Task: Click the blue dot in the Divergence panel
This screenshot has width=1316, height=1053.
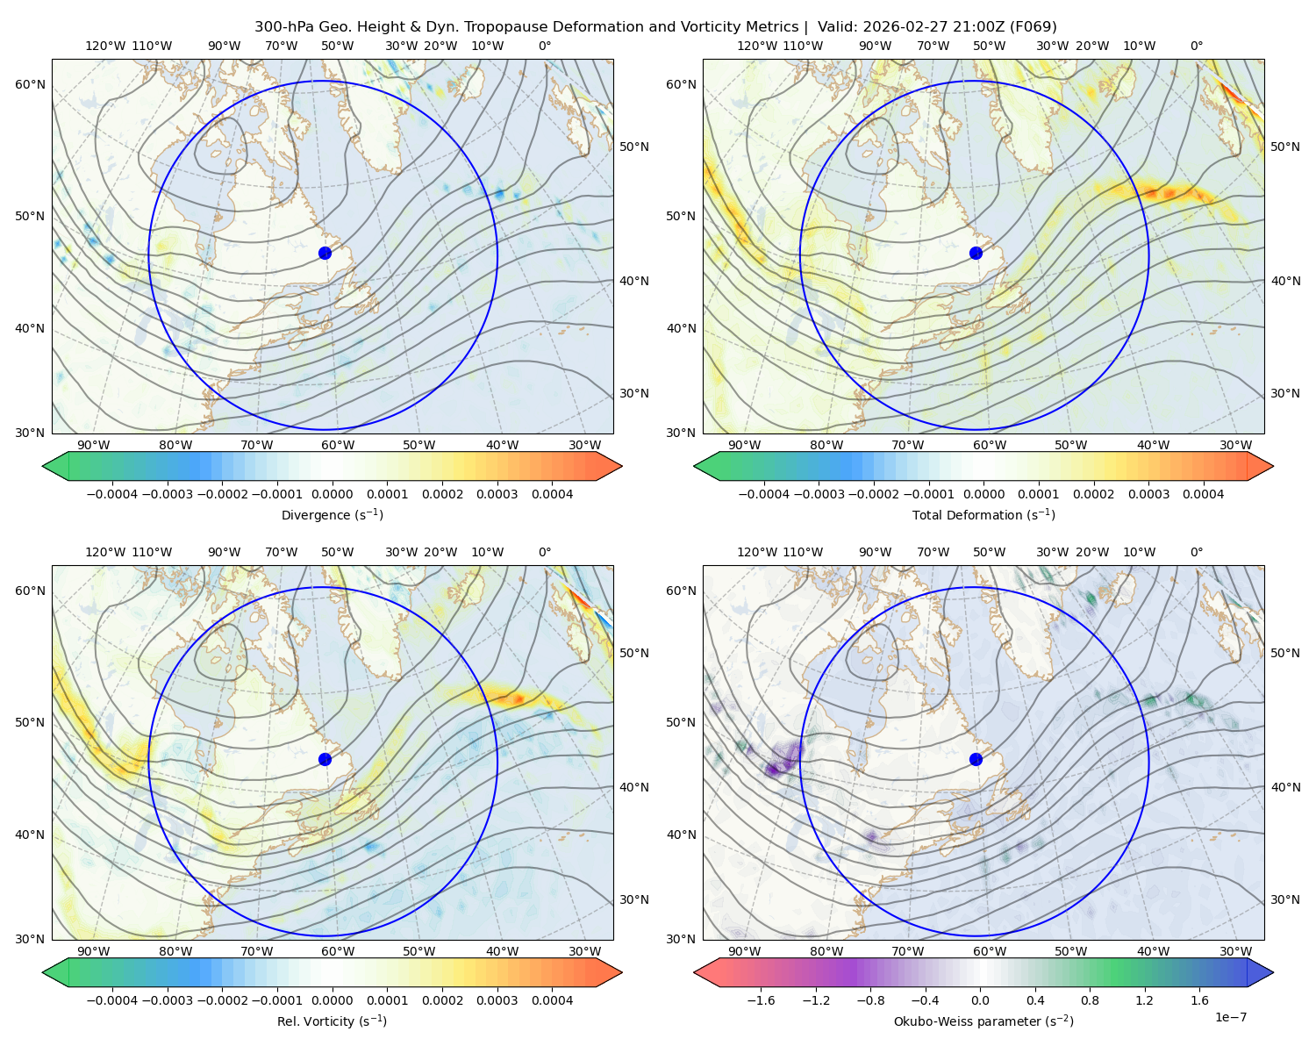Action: pos(325,253)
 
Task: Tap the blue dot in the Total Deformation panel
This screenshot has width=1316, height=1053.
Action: pos(976,253)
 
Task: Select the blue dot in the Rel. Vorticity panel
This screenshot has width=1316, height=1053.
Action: pos(325,759)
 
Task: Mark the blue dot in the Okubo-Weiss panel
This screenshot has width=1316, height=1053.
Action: pos(976,759)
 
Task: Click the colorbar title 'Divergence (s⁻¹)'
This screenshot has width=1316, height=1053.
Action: pos(332,514)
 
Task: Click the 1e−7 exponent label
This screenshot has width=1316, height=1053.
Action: pos(1230,1017)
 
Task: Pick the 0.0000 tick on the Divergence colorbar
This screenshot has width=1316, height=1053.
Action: pos(332,494)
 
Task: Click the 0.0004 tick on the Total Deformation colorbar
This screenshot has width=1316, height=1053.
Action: pos(1203,494)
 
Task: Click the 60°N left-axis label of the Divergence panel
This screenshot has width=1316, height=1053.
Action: pos(30,84)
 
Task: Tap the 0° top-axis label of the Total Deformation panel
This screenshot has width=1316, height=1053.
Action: pos(1196,46)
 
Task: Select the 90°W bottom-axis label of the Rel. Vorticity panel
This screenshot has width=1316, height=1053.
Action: pos(94,951)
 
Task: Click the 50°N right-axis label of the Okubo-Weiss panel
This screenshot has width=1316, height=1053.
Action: pos(1284,653)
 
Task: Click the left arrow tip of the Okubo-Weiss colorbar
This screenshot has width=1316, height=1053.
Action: pos(695,972)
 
